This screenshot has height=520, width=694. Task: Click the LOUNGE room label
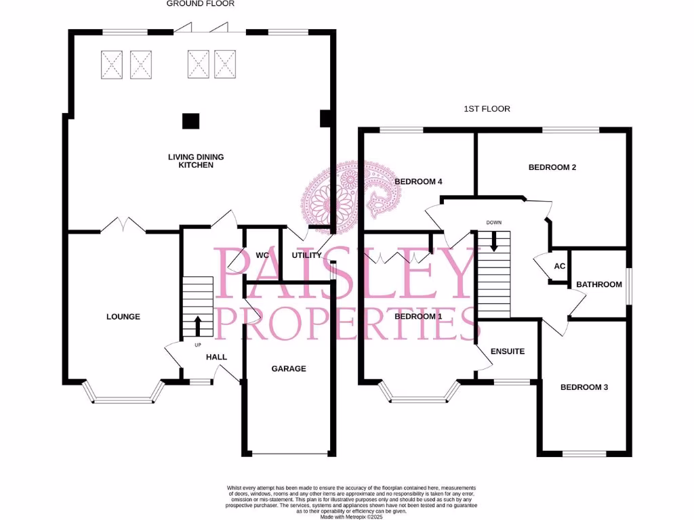point(123,316)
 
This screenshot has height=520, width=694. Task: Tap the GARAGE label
point(289,369)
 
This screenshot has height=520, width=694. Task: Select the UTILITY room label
point(306,255)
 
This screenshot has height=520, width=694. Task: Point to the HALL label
point(216,357)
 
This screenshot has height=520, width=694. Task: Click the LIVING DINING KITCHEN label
point(196,161)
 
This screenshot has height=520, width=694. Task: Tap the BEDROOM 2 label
point(552,167)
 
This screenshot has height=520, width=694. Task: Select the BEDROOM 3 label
point(584,387)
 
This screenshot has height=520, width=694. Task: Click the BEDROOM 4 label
point(418,181)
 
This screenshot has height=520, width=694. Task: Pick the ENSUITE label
point(508,351)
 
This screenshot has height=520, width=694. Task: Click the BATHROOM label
point(598,284)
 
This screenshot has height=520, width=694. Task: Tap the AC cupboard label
point(560,266)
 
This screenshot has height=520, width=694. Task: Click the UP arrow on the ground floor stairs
point(198,325)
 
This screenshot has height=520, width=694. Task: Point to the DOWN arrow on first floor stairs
point(494,241)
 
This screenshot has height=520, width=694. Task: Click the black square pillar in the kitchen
point(191,121)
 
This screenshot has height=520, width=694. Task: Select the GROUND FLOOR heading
point(201,3)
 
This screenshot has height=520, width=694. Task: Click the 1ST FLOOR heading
point(487,108)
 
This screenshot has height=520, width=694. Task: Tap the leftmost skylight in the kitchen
point(113,65)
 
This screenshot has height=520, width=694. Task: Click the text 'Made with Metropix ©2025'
point(351,517)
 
